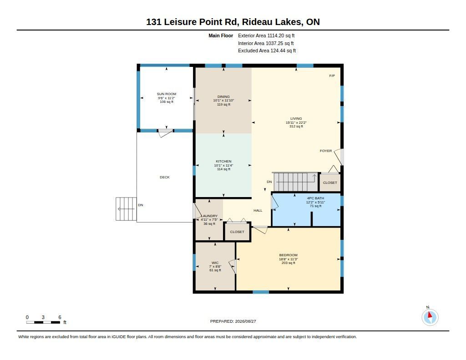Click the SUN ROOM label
tap(167, 94)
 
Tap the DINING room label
tap(223, 96)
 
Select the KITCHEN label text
tap(223, 162)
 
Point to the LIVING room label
tap(296, 119)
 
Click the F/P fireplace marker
tap(332, 76)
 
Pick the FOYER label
tap(326, 151)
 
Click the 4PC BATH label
tap(316, 198)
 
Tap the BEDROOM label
tap(288, 255)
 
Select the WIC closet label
tap(215, 263)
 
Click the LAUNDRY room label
tap(210, 216)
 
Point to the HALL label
tap(258, 210)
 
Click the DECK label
tap(165, 177)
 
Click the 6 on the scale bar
tap(60, 317)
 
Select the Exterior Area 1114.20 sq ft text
tap(266, 35)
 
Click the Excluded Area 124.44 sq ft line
tap(267, 51)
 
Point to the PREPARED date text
tap(233, 321)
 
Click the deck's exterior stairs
tap(126, 209)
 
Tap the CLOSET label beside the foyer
tap(330, 183)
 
